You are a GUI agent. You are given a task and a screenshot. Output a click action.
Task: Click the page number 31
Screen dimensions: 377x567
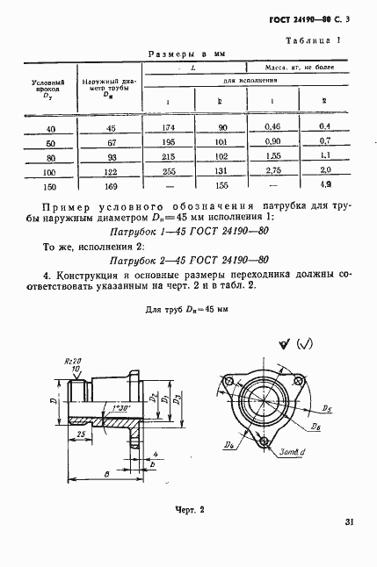tap(349, 522)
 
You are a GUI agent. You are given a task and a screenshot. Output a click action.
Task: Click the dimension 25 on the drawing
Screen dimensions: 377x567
tap(80, 435)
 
